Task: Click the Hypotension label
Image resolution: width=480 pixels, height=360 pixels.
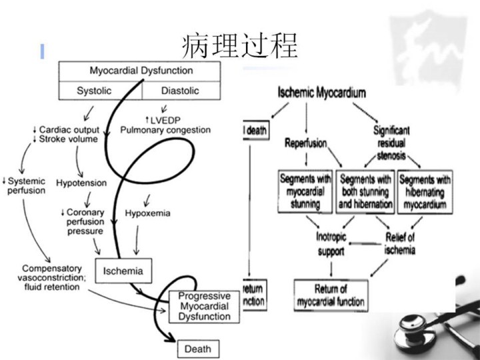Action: [81, 181]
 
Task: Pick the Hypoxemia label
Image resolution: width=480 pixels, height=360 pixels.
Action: [147, 213]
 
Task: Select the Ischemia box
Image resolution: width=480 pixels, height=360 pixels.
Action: [123, 271]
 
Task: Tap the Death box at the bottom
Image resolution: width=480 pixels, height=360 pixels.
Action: [197, 348]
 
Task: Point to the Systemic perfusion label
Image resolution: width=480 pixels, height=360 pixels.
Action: [25, 185]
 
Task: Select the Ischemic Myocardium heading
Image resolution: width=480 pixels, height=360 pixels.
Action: [321, 93]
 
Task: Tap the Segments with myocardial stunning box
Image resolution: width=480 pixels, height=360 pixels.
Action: [305, 192]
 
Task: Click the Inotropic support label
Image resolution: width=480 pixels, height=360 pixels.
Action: [330, 244]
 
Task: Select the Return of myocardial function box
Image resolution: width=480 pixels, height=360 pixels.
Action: [331, 295]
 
